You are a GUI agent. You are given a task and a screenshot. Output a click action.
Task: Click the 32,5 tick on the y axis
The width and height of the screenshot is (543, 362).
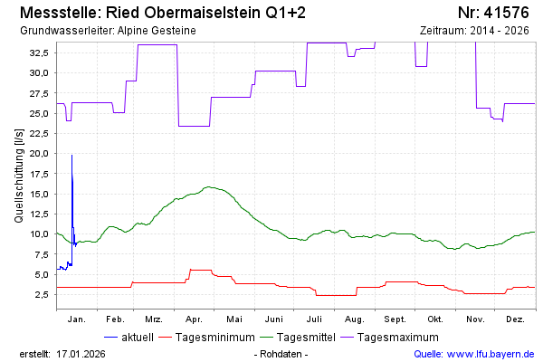(x=38, y=52)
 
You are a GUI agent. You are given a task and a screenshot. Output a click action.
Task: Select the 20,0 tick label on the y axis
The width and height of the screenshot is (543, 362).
(x=38, y=153)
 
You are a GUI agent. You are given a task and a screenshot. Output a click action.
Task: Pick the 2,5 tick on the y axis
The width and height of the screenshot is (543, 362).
(x=42, y=294)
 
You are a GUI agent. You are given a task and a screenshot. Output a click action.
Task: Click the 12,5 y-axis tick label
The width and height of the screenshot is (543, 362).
(x=38, y=214)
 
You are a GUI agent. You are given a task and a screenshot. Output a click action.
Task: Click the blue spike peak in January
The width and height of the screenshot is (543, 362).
(x=71, y=156)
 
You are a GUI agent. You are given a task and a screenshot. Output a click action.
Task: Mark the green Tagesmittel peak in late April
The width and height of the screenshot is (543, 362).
(x=209, y=186)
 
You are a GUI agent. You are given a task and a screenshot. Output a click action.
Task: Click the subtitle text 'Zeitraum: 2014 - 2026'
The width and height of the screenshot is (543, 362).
(x=474, y=31)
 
